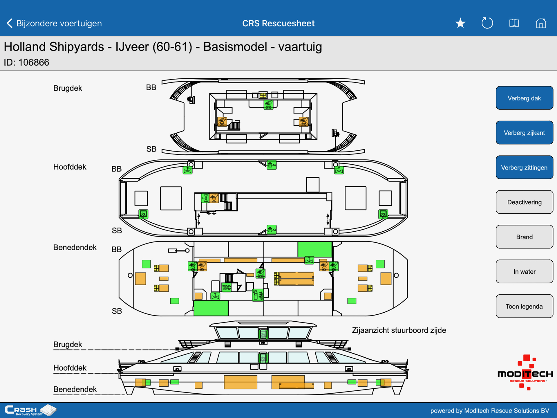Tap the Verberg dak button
524,98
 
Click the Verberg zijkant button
524,133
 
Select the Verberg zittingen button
524,167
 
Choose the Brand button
524,237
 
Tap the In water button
524,271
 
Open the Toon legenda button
524,306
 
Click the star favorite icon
460,23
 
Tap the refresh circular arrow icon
487,23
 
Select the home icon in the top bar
541,23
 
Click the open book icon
514,23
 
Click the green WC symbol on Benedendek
227,287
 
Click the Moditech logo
525,372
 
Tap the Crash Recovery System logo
30,410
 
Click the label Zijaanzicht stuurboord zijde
399,330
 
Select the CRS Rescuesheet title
278,23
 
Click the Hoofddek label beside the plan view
70,167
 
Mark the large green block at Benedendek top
315,249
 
